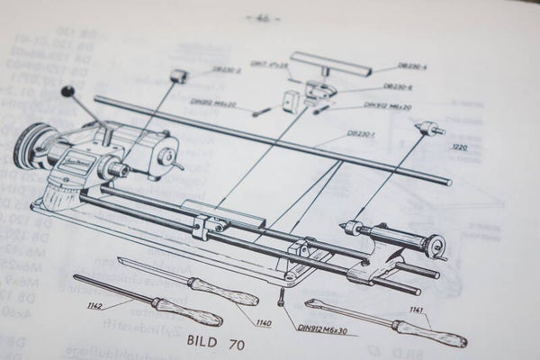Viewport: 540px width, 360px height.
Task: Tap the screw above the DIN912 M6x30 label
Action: point(282,295)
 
